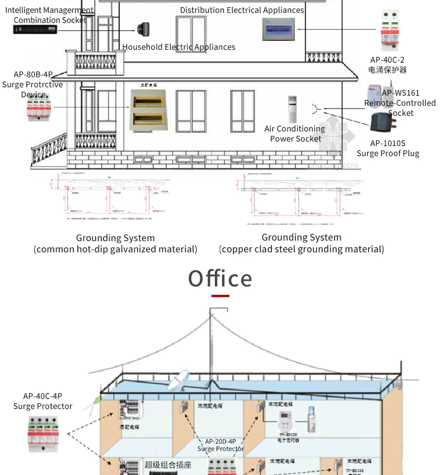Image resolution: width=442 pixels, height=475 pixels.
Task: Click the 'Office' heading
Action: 220,279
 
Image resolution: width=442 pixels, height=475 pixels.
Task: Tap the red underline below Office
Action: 220,295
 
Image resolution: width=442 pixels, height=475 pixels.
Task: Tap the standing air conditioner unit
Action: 293,109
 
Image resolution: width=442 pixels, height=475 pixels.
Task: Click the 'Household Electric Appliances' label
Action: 179,47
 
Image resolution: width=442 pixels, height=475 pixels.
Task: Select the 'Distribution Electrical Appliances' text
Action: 242,10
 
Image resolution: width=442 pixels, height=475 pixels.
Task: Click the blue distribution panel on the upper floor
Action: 279,29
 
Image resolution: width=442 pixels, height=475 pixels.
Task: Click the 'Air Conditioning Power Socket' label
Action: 295,134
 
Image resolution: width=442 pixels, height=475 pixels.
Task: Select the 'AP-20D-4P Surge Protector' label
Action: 220,445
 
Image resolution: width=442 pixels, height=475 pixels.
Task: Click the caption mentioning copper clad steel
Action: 302,243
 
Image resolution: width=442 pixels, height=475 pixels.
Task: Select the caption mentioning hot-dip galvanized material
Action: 115,243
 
